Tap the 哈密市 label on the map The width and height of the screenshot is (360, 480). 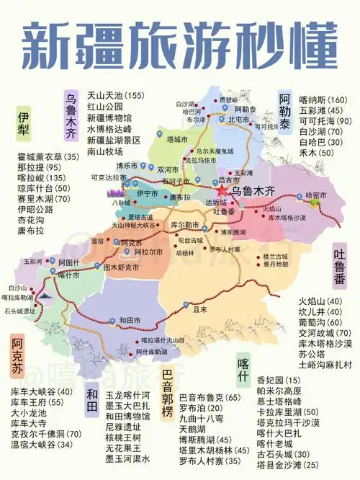(x=317, y=195)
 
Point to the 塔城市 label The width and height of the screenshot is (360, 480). (x=177, y=137)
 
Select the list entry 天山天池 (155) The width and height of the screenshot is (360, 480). (x=116, y=95)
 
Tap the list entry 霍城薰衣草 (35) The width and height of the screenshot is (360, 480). (x=48, y=156)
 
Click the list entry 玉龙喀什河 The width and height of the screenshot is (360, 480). (x=128, y=396)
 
